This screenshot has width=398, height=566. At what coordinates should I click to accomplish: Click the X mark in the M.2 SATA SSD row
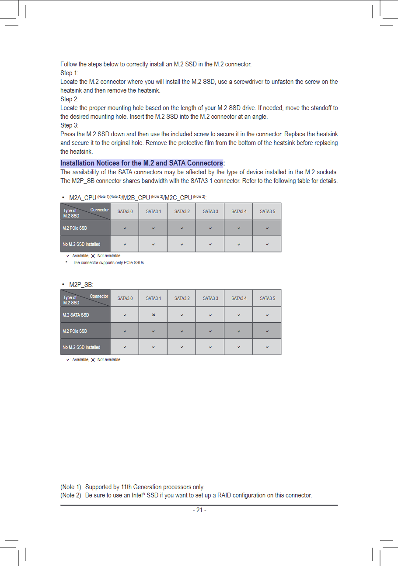click(x=154, y=315)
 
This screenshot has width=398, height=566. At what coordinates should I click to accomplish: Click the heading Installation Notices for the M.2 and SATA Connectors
click(x=142, y=163)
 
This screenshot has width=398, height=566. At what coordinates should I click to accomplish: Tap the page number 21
click(x=199, y=510)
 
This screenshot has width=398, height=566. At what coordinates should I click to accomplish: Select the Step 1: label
click(x=69, y=73)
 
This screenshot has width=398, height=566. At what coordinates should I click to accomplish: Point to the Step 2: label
click(x=69, y=99)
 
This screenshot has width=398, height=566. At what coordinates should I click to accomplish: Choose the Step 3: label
click(x=69, y=125)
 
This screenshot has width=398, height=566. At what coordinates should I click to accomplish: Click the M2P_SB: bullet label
click(x=81, y=285)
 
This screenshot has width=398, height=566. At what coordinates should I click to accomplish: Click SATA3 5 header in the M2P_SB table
click(x=267, y=298)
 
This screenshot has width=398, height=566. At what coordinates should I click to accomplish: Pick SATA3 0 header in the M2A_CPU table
click(x=125, y=211)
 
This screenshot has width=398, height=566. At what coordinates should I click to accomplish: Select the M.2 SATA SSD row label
click(x=76, y=315)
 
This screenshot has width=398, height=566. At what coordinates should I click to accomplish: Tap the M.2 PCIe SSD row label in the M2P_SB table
click(x=75, y=331)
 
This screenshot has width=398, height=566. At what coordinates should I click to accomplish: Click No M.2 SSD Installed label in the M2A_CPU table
click(x=81, y=244)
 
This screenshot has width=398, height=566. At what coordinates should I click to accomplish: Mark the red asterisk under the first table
click(x=66, y=263)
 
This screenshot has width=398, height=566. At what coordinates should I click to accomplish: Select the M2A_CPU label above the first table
click(x=83, y=198)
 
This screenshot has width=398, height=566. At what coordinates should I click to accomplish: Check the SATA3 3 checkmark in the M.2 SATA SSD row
click(x=210, y=315)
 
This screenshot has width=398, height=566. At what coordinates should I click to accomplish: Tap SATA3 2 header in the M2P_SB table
click(x=182, y=298)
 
